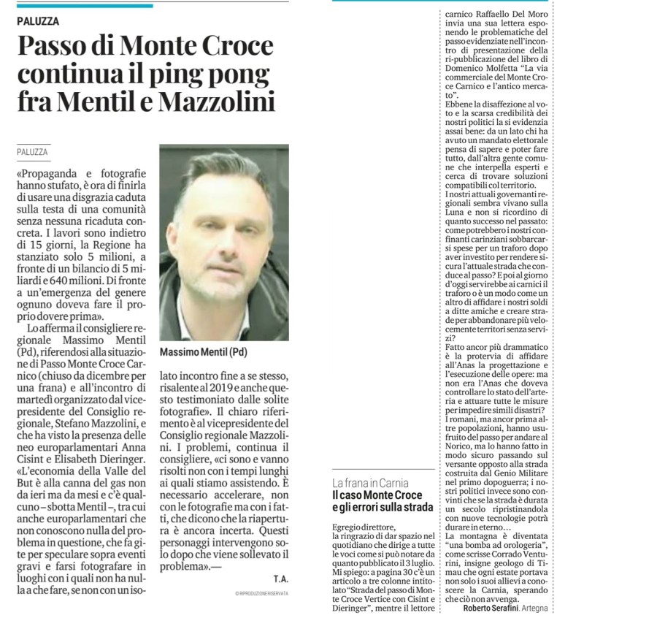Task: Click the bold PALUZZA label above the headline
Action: tap(39, 21)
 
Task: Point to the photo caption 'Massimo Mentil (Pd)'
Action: tap(204, 351)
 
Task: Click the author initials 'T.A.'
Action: tap(280, 579)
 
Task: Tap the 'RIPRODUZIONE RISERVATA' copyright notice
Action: tap(262, 593)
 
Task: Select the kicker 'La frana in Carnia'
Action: tap(371, 484)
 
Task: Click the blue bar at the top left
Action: tap(85, 6)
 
